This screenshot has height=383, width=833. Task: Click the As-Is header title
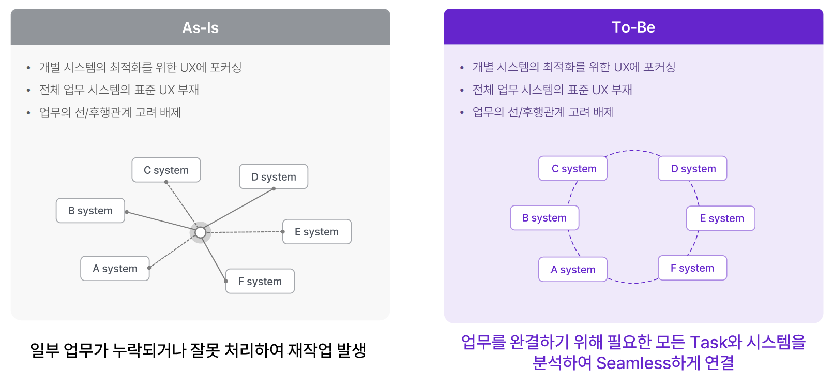click(200, 28)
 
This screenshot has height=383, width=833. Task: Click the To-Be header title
click(633, 27)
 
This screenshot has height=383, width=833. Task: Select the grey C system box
click(166, 170)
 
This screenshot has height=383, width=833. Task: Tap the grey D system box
click(274, 177)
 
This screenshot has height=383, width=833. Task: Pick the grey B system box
click(90, 211)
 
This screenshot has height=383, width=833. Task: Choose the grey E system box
click(316, 232)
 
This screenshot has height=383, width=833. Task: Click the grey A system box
click(115, 269)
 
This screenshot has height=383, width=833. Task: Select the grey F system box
click(260, 282)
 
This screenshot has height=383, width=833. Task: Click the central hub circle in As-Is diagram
click(200, 233)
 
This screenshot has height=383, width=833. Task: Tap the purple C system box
click(573, 169)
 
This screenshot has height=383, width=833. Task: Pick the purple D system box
click(693, 169)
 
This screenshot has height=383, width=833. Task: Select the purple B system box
click(544, 218)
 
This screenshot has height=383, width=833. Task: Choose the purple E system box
click(721, 218)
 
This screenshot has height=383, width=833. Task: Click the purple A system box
click(573, 270)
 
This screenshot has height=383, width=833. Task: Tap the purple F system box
click(692, 268)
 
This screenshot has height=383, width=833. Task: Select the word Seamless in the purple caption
click(633, 363)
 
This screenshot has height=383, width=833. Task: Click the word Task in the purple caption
click(708, 343)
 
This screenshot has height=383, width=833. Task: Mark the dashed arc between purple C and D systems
click(633, 151)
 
